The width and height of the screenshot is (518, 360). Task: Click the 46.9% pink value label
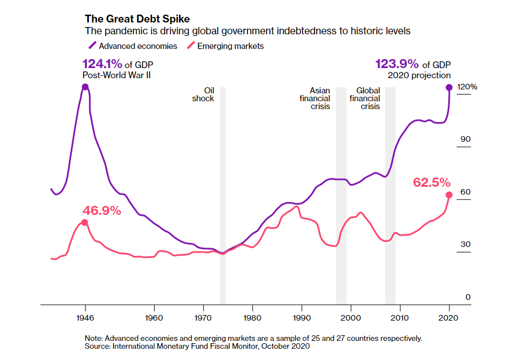pos(102,210)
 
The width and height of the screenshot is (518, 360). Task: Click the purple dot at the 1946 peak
pos(85,87)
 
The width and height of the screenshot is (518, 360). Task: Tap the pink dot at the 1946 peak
pos(84,222)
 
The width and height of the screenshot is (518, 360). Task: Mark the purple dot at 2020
pos(449,87)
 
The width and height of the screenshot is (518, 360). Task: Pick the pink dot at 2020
pos(449,195)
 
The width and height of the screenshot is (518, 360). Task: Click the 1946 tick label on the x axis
pos(85,317)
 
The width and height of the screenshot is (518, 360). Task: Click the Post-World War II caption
pos(116,75)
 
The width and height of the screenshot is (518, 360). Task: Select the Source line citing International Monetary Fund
pos(197,346)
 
